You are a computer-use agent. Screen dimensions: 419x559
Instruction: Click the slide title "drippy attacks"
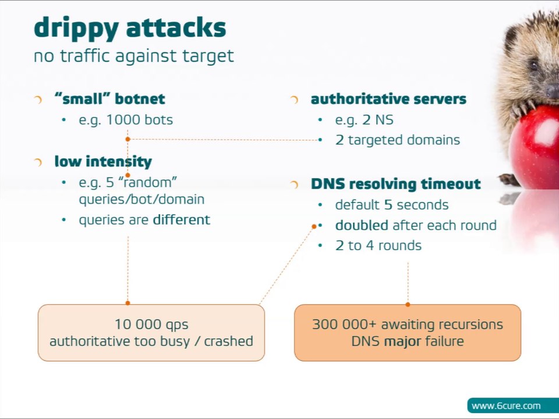click(129, 28)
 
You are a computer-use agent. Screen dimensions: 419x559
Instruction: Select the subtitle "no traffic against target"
click(133, 56)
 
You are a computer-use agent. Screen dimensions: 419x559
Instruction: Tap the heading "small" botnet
click(109, 99)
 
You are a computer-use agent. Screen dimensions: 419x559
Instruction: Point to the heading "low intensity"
click(103, 161)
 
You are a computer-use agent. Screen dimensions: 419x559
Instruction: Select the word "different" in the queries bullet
click(181, 219)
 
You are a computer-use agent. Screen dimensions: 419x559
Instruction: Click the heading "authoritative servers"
click(388, 99)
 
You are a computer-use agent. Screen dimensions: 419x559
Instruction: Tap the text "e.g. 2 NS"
click(364, 120)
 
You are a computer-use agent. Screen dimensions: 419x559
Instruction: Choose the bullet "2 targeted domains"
click(397, 140)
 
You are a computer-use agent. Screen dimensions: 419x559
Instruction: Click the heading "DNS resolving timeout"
click(395, 184)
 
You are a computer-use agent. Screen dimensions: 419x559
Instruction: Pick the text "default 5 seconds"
click(391, 205)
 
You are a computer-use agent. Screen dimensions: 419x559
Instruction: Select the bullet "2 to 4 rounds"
click(378, 246)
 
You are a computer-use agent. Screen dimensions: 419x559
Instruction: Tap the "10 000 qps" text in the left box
click(151, 325)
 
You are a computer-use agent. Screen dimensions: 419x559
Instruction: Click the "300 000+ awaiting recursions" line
click(407, 325)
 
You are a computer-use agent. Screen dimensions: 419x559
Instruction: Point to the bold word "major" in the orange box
click(402, 341)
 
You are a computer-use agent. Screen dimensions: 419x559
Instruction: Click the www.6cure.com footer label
click(505, 406)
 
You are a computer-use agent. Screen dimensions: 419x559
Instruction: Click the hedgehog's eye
click(533, 65)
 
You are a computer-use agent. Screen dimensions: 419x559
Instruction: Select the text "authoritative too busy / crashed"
click(151, 341)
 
